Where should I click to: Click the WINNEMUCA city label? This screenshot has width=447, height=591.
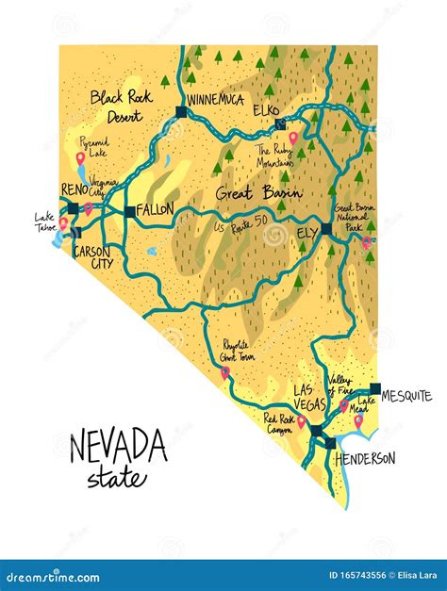217,99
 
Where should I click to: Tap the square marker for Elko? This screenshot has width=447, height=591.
277,124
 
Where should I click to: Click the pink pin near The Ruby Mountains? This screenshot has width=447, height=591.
293,139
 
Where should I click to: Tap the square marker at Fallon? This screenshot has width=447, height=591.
130,211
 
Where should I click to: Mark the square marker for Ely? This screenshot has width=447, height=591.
325,228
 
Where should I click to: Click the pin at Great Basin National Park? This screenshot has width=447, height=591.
366,242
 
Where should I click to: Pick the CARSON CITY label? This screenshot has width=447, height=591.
92,257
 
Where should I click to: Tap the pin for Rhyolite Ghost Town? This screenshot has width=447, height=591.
225,374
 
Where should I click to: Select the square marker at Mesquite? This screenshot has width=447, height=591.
375,388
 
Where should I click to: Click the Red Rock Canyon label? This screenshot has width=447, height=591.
280,424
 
